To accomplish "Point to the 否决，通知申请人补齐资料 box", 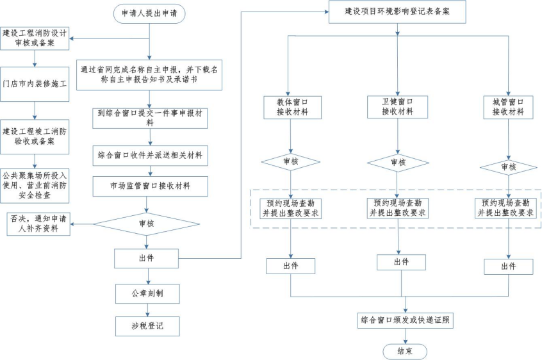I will click(x=38, y=224).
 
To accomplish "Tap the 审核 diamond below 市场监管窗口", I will click(x=147, y=224).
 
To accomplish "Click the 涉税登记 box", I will click(x=147, y=326).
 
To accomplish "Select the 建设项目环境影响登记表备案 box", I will click(x=397, y=12).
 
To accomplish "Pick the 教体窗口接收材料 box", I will click(x=291, y=106).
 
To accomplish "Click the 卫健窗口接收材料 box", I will click(x=397, y=106).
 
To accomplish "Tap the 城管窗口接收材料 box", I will click(x=508, y=106).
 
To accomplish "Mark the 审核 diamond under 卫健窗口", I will click(x=397, y=163).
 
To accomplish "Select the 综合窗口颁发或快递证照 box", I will click(x=406, y=320).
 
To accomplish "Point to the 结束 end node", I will click(x=404, y=351).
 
